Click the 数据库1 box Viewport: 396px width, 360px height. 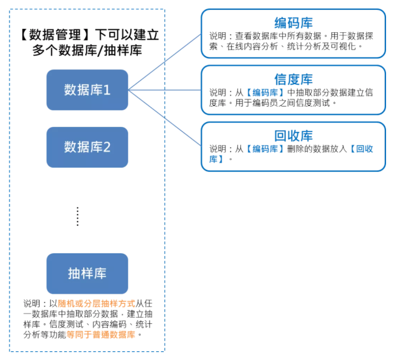coord(87,90)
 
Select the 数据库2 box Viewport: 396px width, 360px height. coord(87,147)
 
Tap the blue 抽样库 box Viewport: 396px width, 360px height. coord(87,273)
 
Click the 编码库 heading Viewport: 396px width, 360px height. coord(294,23)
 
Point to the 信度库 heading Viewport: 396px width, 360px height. coord(294,80)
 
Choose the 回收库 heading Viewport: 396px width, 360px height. coord(294,136)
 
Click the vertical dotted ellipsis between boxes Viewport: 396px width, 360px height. coord(78,216)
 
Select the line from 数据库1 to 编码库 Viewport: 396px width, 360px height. coord(165,62)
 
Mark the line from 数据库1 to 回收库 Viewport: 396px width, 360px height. coord(165,118)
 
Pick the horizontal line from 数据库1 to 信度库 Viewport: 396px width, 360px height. coord(165,90)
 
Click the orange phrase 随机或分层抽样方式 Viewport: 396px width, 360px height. coord(97,303)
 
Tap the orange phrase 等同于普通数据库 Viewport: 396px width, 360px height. coord(101,335)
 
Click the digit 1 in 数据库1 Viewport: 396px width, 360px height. coord(107,90)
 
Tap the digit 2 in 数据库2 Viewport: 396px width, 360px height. coord(107,147)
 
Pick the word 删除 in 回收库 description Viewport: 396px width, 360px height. coord(296,149)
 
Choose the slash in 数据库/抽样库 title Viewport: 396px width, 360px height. coord(100,50)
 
